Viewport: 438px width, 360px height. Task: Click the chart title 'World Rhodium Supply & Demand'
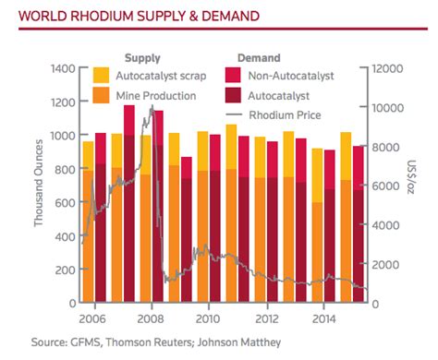133,16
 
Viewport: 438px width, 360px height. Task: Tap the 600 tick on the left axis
67,202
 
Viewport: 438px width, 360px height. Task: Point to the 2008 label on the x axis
151,318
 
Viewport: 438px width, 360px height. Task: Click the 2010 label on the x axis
208,318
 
